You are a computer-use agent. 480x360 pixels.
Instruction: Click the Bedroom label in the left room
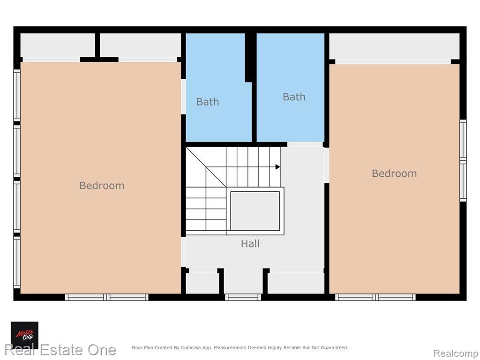point(102,186)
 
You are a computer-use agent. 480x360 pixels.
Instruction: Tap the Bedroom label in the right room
point(394,173)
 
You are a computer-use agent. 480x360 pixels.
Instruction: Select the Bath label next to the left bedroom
point(208,102)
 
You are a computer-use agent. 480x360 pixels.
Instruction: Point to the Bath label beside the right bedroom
point(294,97)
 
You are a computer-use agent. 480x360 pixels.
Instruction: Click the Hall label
point(250,244)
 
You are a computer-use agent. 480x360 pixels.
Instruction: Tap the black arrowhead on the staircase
point(277,167)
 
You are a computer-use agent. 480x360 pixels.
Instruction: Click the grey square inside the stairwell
point(255,211)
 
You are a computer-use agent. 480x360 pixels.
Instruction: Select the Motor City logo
point(24,335)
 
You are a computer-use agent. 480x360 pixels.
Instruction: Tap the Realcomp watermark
point(456,353)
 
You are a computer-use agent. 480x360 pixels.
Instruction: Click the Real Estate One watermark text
point(60,350)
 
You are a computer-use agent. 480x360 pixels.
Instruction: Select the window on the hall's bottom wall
point(243,297)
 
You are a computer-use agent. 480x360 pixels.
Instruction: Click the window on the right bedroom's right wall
point(463,160)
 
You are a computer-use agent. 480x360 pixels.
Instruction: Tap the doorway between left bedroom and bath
point(183,97)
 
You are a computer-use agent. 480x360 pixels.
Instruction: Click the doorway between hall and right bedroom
point(327,165)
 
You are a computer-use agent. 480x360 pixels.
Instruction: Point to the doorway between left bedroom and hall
point(183,252)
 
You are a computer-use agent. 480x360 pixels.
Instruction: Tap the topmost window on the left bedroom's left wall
point(17,95)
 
